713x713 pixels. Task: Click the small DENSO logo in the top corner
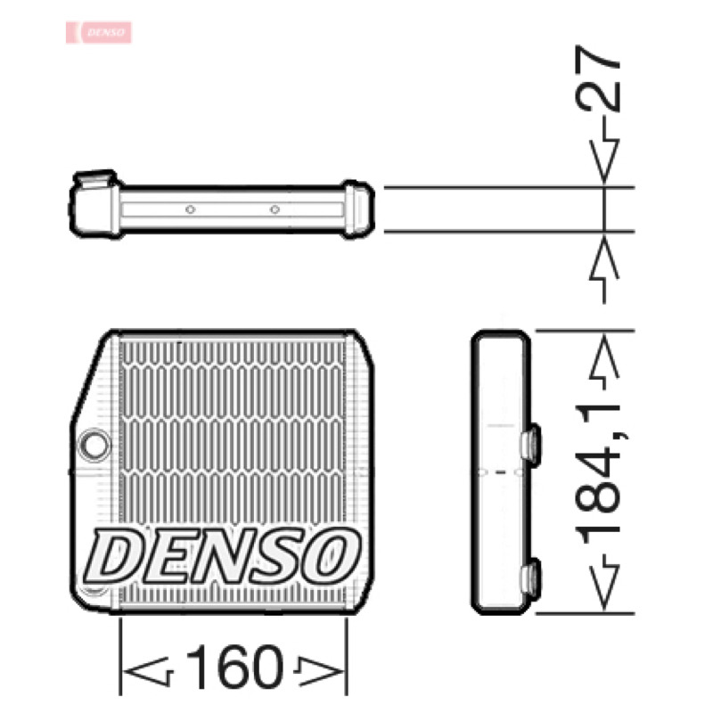pyautogui.click(x=99, y=32)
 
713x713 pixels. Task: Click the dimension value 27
pyautogui.click(x=597, y=78)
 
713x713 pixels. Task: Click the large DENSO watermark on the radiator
pyautogui.click(x=222, y=556)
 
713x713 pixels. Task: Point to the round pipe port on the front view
pyautogui.click(x=94, y=444)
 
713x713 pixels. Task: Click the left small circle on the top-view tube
pyautogui.click(x=191, y=209)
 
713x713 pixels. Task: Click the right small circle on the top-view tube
pyautogui.click(x=275, y=209)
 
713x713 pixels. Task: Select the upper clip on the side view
pyautogui.click(x=530, y=445)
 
